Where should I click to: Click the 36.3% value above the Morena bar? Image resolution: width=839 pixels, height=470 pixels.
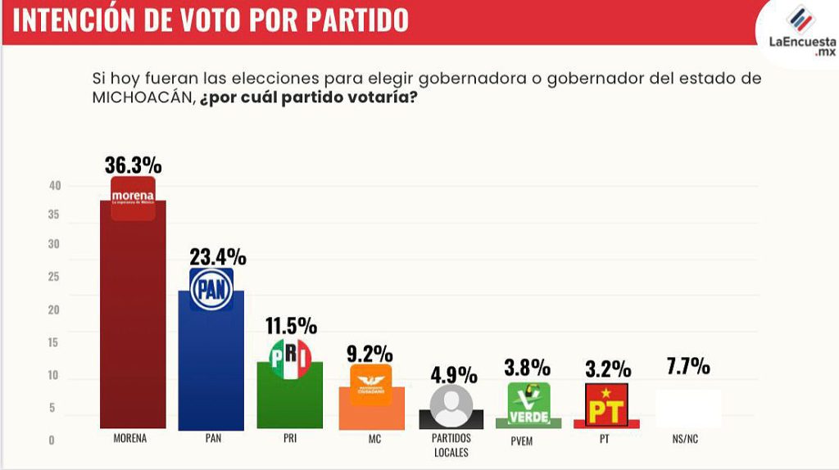pyautogui.click(x=133, y=165)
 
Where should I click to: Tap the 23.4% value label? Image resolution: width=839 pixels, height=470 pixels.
pyautogui.click(x=217, y=256)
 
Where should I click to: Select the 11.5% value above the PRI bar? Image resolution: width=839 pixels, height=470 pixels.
pyautogui.click(x=291, y=326)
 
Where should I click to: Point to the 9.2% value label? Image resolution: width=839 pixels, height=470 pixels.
pyautogui.click(x=371, y=355)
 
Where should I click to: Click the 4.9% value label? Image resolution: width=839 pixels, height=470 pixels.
pyautogui.click(x=454, y=375)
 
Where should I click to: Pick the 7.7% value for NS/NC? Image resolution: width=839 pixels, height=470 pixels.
pyautogui.click(x=688, y=366)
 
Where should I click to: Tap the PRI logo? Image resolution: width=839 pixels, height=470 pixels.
pyautogui.click(x=291, y=359)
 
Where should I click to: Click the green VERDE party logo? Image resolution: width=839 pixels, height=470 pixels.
pyautogui.click(x=528, y=403)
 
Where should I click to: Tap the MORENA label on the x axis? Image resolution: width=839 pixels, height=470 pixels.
pyautogui.click(x=130, y=439)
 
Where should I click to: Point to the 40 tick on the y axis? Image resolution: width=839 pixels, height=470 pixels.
pyautogui.click(x=55, y=186)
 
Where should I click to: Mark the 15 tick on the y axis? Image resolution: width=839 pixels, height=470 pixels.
pyautogui.click(x=54, y=342)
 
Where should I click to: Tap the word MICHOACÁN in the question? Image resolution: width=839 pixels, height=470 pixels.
pyautogui.click(x=143, y=97)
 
